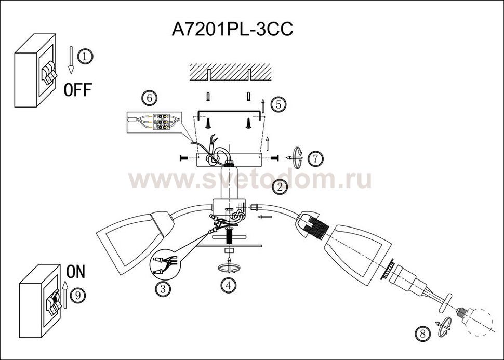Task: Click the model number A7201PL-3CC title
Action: point(232,30)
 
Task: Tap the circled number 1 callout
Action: point(85,57)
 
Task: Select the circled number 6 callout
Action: point(150,98)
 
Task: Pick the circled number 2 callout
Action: point(280,187)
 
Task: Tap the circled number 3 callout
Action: point(163,289)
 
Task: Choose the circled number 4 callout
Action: point(229,285)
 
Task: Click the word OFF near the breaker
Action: point(78,89)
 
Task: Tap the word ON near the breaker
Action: point(76,272)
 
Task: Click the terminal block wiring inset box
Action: point(154,122)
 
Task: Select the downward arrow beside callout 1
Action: point(71,60)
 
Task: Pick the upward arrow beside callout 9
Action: point(65,295)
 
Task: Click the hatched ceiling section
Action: point(230,72)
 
